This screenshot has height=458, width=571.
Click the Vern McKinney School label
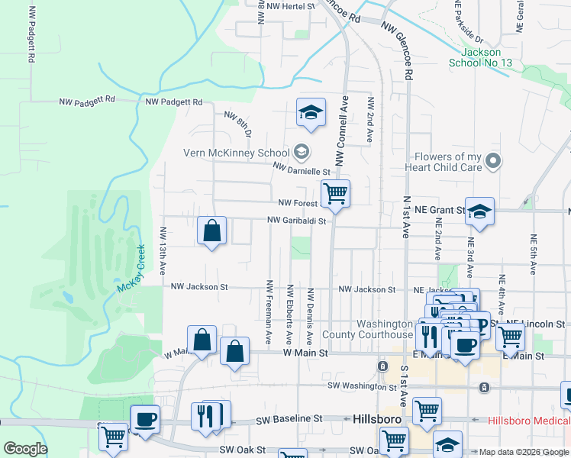pyautogui.click(x=237, y=153)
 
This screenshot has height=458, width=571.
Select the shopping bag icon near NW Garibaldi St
pyautogui.click(x=211, y=231)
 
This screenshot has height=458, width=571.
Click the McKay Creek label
pyautogui.click(x=130, y=277)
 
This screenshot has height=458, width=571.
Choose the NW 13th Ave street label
pyautogui.click(x=163, y=250)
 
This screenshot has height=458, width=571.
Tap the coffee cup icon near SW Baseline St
pyautogui.click(x=145, y=418)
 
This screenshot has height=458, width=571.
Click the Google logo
pyautogui.click(x=25, y=449)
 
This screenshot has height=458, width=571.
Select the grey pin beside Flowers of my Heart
pyautogui.click(x=493, y=161)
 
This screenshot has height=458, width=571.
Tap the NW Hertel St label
pyautogui.click(x=287, y=6)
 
